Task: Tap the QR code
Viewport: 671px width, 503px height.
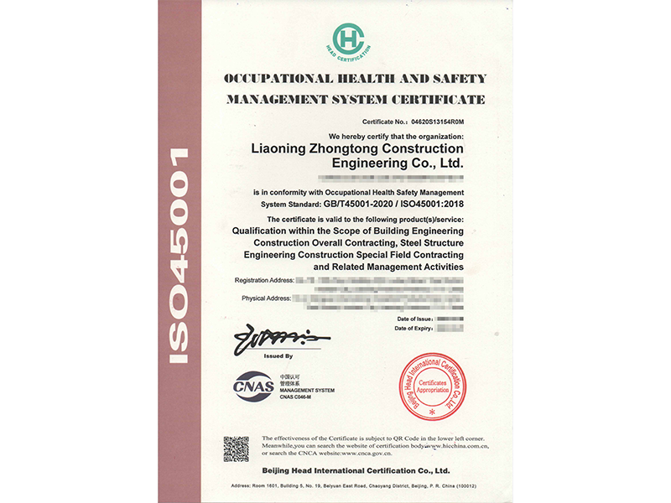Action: tap(236, 449)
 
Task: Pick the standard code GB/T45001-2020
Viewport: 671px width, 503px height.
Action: tap(359, 205)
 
